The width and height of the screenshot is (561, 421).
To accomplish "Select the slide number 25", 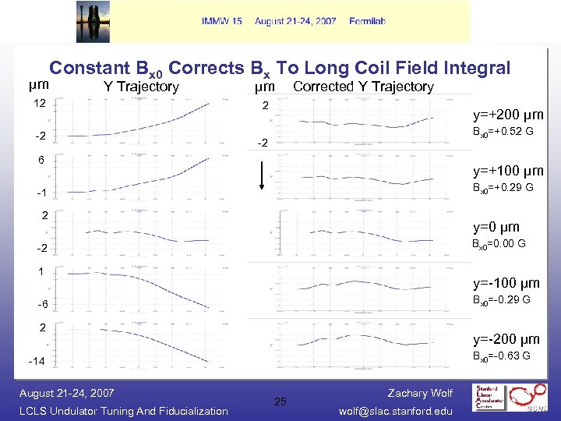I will coord(280,402).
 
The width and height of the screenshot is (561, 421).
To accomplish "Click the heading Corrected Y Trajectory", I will coord(363,87).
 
